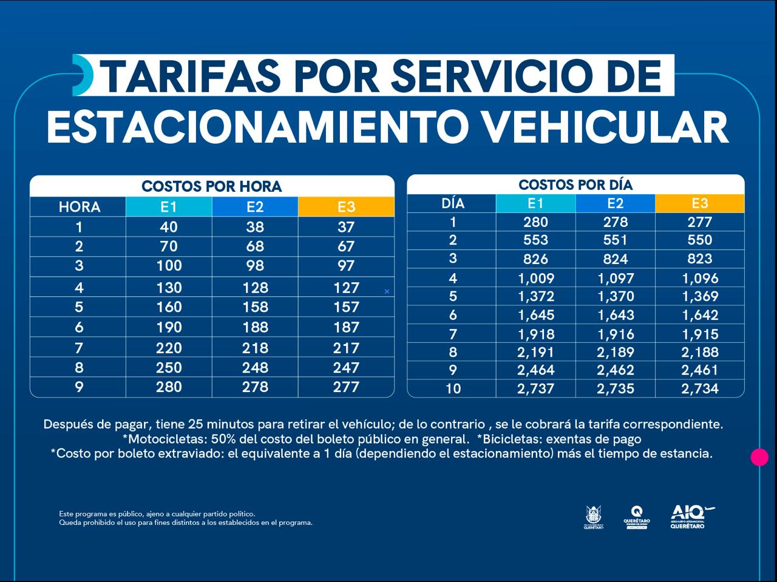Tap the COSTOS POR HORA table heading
(x=211, y=186)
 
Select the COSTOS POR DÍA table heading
(x=575, y=184)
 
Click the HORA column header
(x=79, y=207)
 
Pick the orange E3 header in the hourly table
(x=346, y=207)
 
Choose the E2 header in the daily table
(x=615, y=203)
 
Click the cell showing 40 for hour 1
(x=169, y=227)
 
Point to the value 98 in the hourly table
(x=255, y=266)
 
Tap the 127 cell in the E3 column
(x=346, y=288)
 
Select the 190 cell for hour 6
(x=169, y=328)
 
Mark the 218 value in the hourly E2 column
(x=255, y=348)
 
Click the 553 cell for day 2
(x=535, y=240)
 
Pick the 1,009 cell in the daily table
(x=535, y=279)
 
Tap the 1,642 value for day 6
(x=699, y=316)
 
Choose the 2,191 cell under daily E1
(x=535, y=353)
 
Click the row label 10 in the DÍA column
(x=453, y=388)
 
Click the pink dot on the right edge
(x=759, y=457)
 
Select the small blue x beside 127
(x=387, y=292)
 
